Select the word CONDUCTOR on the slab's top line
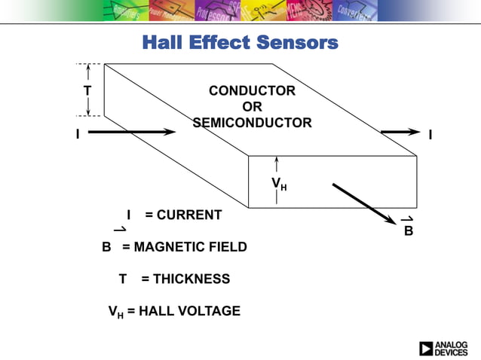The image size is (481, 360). (x=252, y=91)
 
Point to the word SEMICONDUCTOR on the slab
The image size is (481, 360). (x=252, y=123)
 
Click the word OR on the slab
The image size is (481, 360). (x=252, y=107)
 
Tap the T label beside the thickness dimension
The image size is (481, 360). (x=87, y=90)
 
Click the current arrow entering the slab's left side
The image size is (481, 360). (x=133, y=132)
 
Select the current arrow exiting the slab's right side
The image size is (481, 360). (x=400, y=132)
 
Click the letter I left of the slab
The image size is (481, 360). (x=77, y=135)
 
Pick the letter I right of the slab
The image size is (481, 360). (x=430, y=135)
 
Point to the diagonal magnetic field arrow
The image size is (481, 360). (x=364, y=203)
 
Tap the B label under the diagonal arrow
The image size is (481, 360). (x=408, y=230)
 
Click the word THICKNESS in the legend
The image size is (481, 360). (x=191, y=279)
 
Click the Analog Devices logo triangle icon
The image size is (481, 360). (x=427, y=349)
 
